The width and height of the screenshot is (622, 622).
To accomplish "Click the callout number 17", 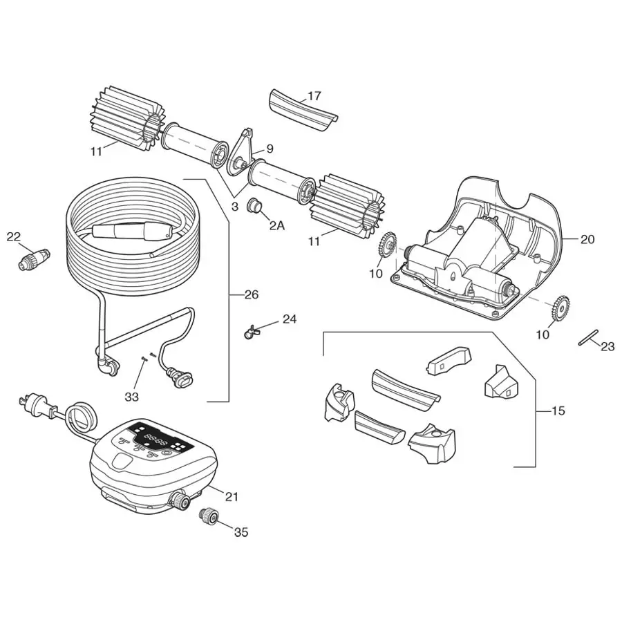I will point(314,96).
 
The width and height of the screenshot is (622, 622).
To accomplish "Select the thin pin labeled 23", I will point(587,338).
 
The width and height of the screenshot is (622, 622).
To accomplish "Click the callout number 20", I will point(587,239).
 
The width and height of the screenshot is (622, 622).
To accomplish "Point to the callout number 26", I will point(251,295).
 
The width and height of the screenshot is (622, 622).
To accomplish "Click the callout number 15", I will point(558,411).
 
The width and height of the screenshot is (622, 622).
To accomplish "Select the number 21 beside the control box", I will point(232,496).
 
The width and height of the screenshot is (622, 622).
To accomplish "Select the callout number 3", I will point(235,207).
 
